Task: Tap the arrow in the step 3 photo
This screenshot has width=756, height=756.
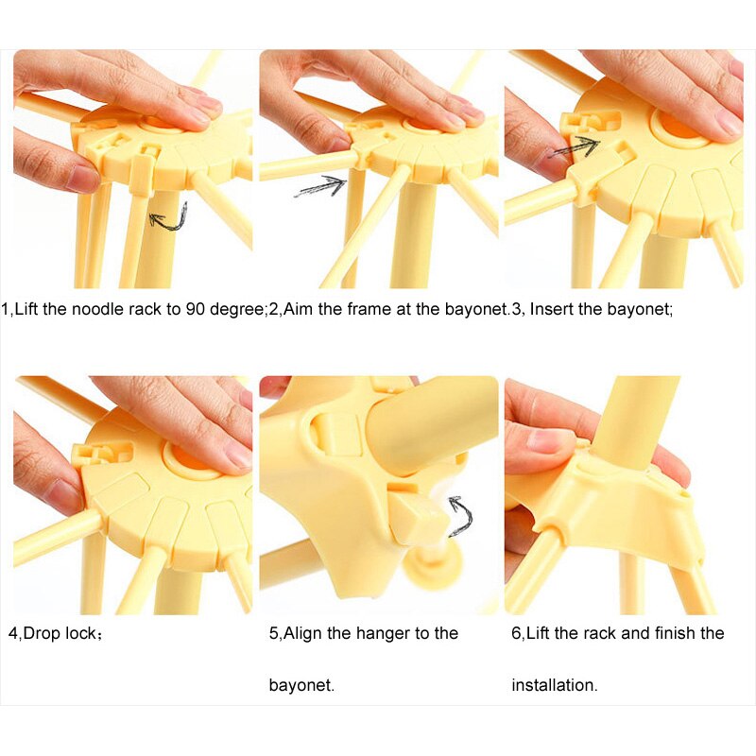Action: coord(576,146)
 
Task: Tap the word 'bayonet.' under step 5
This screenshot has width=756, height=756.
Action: coord(301,685)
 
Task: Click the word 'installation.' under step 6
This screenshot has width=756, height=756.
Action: coord(555,685)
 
